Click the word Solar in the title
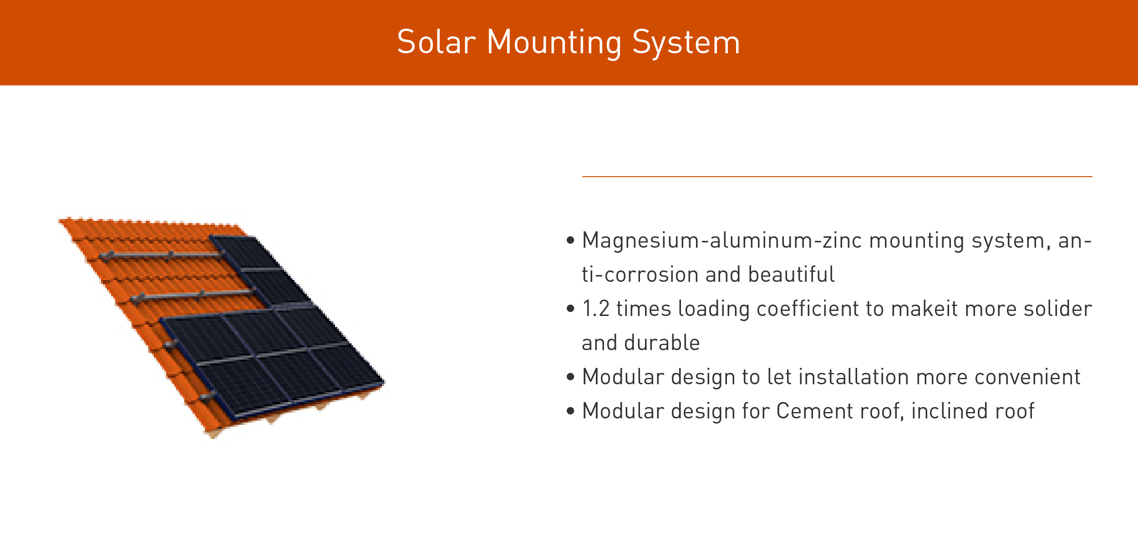[436, 42]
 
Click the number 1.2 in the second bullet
[595, 309]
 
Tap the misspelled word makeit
[924, 309]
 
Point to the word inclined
[949, 411]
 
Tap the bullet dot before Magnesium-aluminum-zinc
[570, 240]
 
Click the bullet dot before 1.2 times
[570, 309]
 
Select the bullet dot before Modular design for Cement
[570, 411]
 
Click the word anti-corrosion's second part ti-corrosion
[640, 275]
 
